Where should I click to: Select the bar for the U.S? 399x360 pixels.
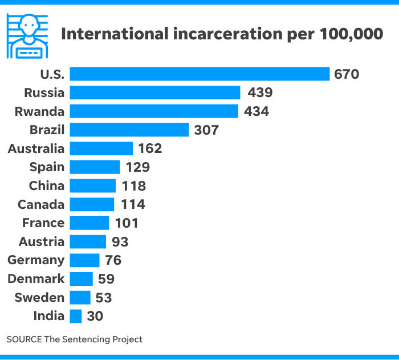(199, 74)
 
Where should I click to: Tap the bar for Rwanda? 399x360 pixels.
(154, 111)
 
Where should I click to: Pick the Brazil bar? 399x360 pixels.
(129, 130)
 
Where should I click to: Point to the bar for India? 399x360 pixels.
(76, 316)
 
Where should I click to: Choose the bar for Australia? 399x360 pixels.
(101, 149)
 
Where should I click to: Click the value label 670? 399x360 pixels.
(347, 74)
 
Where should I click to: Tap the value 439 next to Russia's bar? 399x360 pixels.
(260, 92)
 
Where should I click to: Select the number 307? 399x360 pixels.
(206, 130)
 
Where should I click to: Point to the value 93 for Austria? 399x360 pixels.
(120, 242)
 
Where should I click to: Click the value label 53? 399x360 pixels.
(104, 298)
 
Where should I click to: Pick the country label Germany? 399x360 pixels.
(36, 261)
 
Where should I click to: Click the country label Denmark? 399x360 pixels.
(36, 279)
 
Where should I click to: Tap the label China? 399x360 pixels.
(47, 186)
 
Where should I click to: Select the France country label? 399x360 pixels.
(43, 223)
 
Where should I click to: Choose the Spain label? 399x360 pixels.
(47, 167)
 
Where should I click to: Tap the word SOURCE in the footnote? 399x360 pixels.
(23, 339)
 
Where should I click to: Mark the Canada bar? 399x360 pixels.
(92, 204)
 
